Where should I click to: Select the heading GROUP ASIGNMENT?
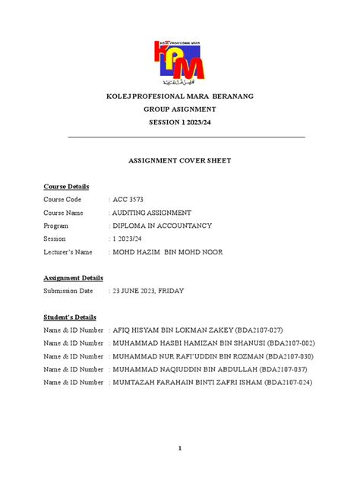pos(180,109)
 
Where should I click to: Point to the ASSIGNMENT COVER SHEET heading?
pos(180,161)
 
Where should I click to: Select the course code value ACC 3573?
pos(128,200)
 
